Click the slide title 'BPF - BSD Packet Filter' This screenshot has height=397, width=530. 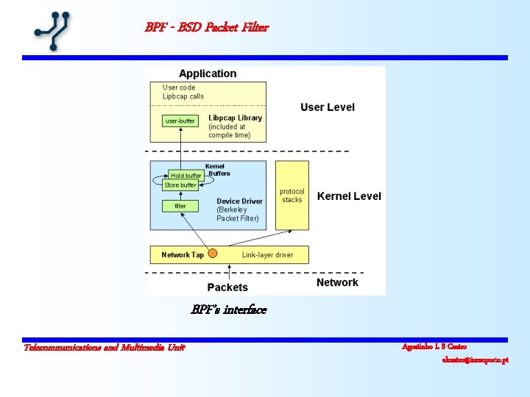(x=207, y=28)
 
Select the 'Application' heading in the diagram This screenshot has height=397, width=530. (x=208, y=74)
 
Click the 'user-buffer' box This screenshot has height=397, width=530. (x=180, y=121)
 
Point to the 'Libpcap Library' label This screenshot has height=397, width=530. (x=235, y=118)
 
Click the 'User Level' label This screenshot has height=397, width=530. (x=327, y=107)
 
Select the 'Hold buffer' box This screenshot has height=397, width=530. (x=185, y=175)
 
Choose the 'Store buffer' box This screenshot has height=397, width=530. (x=180, y=185)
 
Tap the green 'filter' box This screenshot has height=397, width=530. (x=180, y=206)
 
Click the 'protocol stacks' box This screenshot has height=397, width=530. (x=292, y=196)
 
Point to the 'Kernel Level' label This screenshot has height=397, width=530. (x=349, y=196)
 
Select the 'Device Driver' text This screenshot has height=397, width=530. (x=240, y=201)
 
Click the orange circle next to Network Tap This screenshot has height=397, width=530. (x=213, y=254)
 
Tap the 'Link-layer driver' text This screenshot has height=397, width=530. (x=267, y=255)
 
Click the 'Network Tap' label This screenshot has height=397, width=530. (x=183, y=255)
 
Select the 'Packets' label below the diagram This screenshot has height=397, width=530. (x=227, y=287)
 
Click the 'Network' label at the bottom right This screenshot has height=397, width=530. (x=337, y=282)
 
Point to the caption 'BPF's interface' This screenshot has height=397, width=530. (x=228, y=310)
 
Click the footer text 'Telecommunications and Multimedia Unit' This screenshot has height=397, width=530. (x=104, y=347)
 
